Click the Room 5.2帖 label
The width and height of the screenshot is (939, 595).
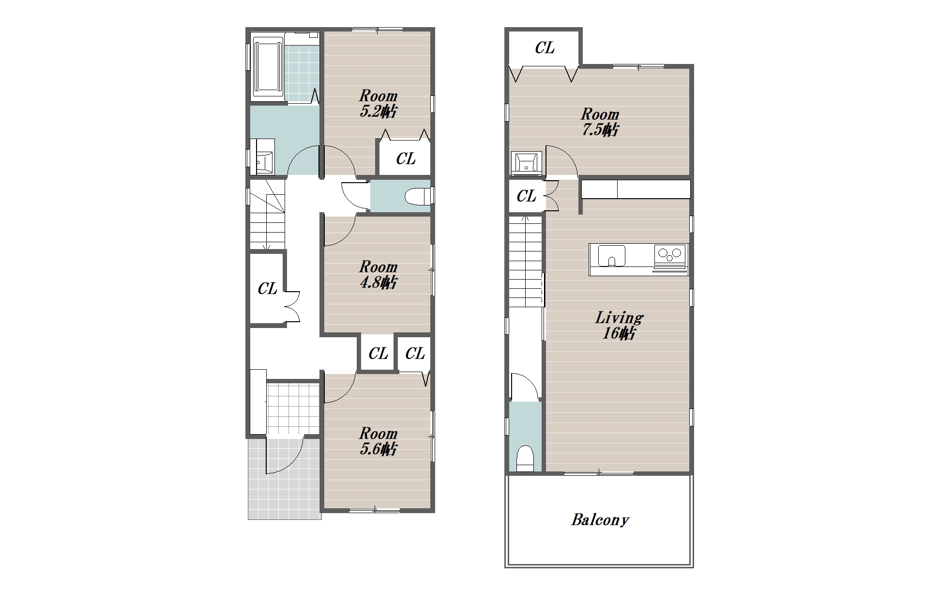point(378,103)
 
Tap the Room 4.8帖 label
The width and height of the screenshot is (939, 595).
point(378,274)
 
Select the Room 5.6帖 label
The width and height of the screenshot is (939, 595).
point(378,441)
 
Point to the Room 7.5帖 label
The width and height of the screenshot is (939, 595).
point(600,122)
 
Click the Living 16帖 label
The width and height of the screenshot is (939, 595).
point(619,325)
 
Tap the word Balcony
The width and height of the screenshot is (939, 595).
point(600,520)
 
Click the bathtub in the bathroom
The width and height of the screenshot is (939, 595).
point(268,66)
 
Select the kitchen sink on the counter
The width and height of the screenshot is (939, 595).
point(612,255)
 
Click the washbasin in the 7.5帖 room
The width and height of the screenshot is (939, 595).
point(526,163)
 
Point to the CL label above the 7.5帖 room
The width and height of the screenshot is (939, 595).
point(545,48)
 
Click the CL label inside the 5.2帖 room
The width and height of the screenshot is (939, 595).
point(406,159)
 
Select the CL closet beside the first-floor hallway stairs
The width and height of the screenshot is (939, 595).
point(267,289)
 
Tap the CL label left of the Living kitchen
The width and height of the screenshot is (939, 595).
point(526,196)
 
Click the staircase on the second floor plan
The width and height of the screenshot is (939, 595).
point(525,261)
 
